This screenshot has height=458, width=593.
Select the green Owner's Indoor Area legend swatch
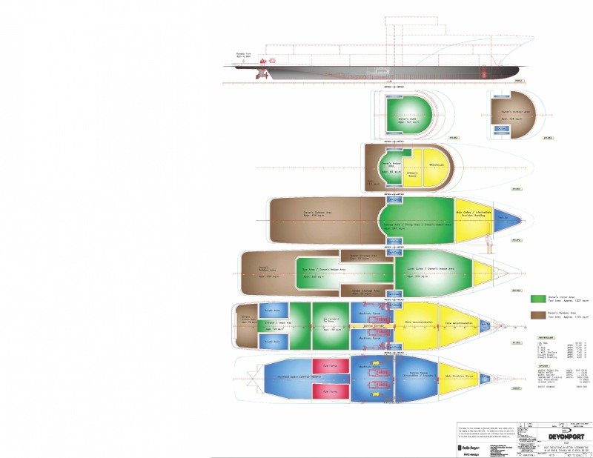(x=537, y=299)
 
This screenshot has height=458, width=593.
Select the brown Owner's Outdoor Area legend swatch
(x=537, y=316)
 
